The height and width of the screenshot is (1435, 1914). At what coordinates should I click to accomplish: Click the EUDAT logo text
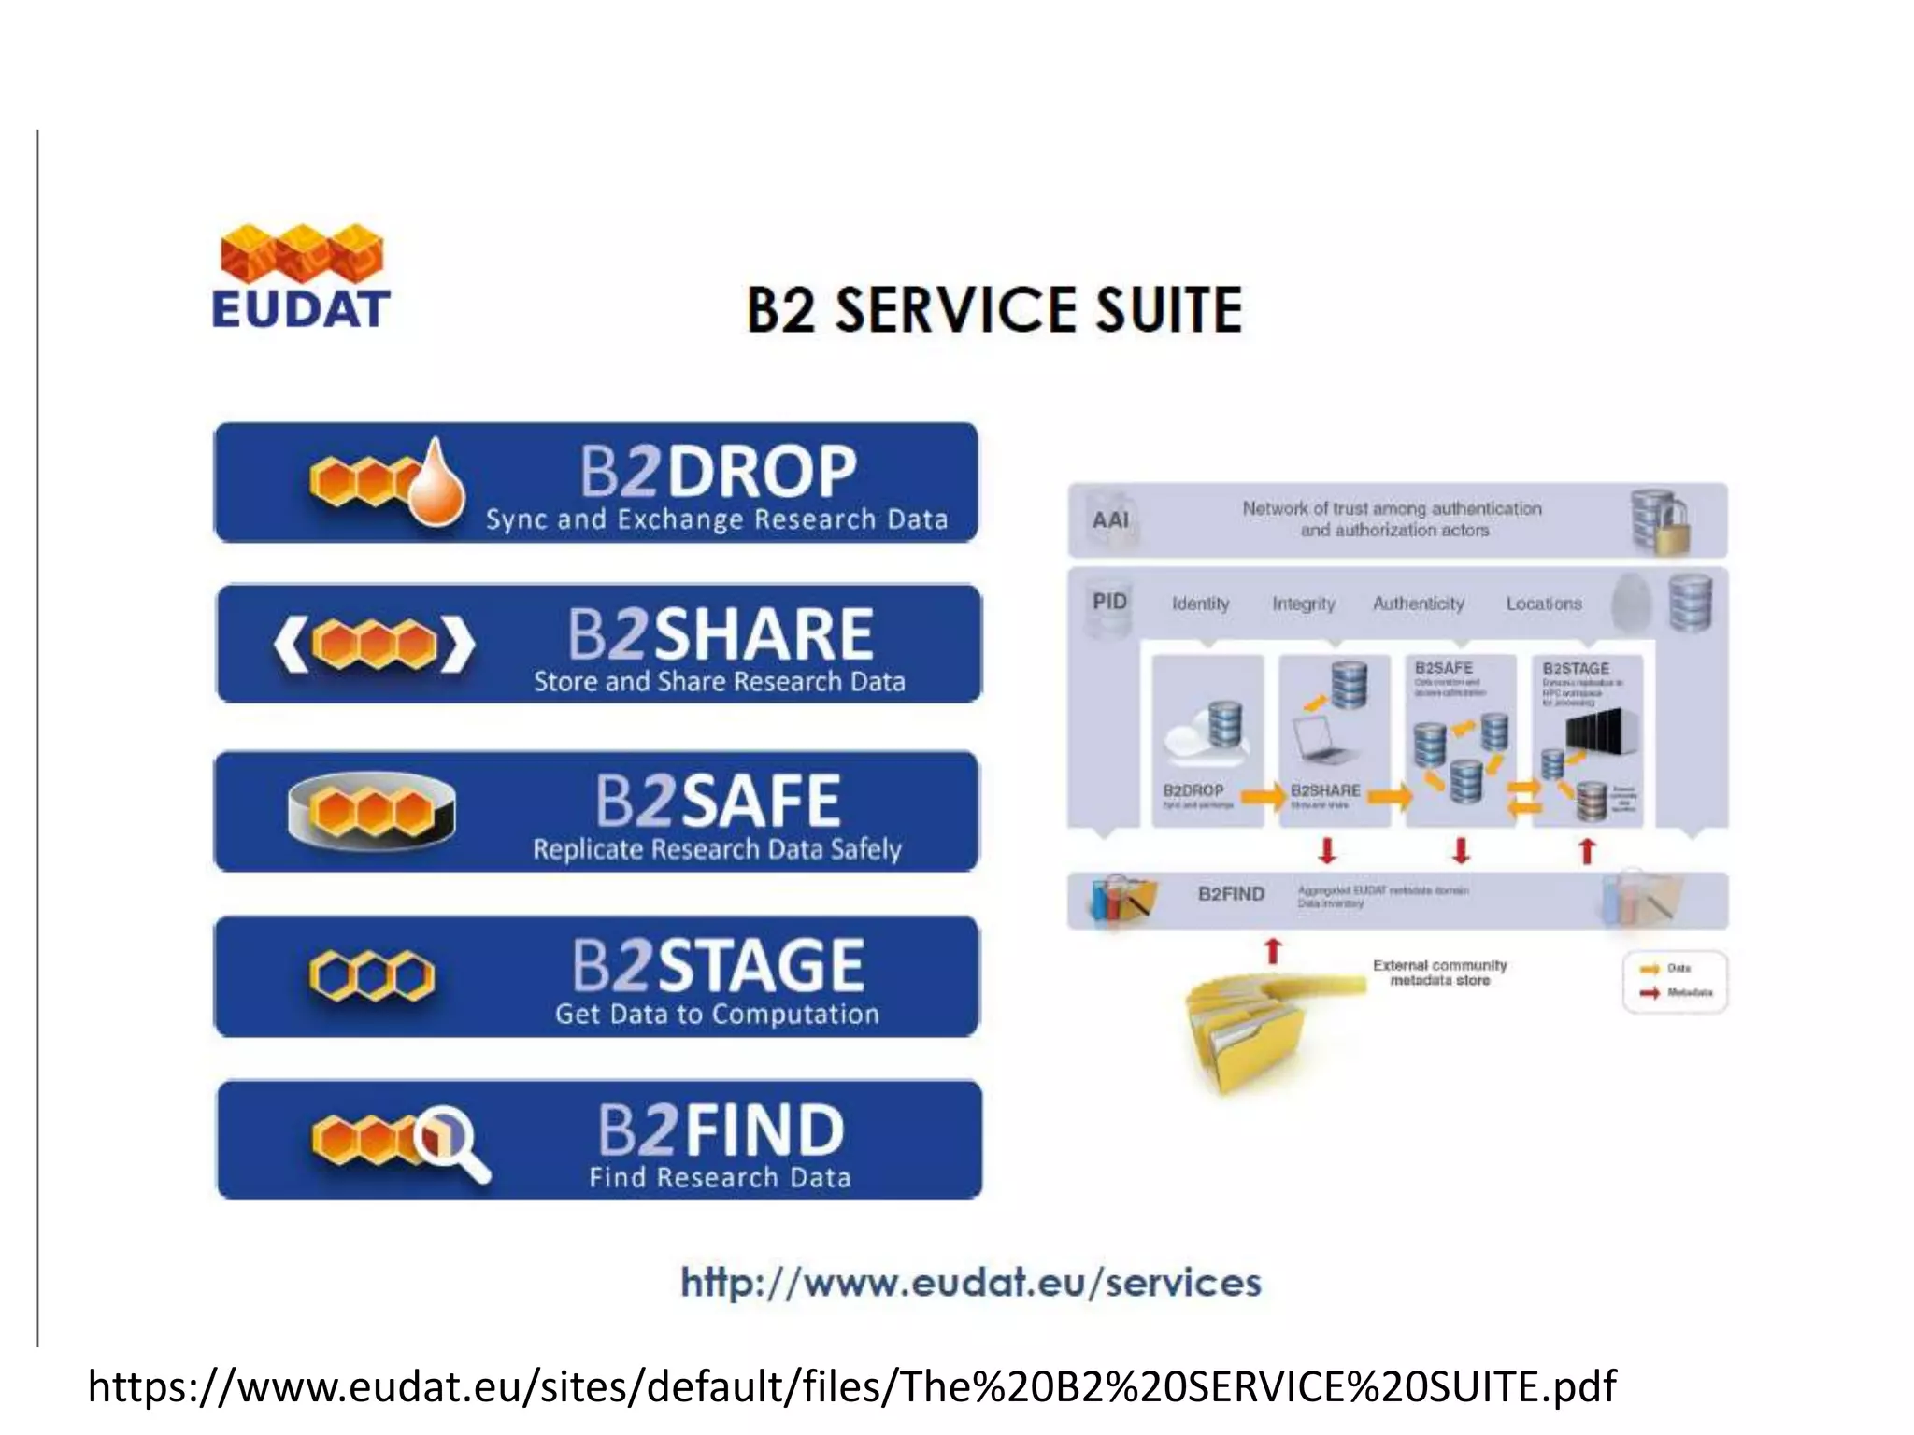(301, 310)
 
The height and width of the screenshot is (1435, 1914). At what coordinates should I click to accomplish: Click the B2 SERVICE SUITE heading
(993, 310)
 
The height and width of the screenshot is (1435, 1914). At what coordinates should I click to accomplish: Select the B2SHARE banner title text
(720, 634)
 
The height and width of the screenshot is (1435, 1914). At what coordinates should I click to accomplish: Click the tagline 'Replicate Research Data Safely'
(717, 849)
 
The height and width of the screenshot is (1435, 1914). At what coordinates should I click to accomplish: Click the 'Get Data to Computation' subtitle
(717, 1014)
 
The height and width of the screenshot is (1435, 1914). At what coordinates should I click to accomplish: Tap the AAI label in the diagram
(1110, 519)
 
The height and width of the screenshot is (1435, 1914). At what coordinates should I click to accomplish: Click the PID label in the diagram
(1109, 602)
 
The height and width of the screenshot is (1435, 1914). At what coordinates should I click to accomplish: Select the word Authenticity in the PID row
(1418, 604)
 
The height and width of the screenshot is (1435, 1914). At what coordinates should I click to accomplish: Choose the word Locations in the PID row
(1543, 604)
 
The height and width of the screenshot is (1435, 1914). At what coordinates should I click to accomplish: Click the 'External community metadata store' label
(1439, 973)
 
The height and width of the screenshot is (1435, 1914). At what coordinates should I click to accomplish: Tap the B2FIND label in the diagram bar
(1231, 894)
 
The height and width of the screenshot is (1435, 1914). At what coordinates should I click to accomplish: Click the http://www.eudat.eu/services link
(971, 1283)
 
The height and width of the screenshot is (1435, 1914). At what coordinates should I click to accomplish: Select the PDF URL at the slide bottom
(851, 1386)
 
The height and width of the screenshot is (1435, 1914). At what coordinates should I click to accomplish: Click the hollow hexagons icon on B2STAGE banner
(371, 976)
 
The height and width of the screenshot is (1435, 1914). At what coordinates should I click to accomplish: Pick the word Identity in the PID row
(1200, 604)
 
